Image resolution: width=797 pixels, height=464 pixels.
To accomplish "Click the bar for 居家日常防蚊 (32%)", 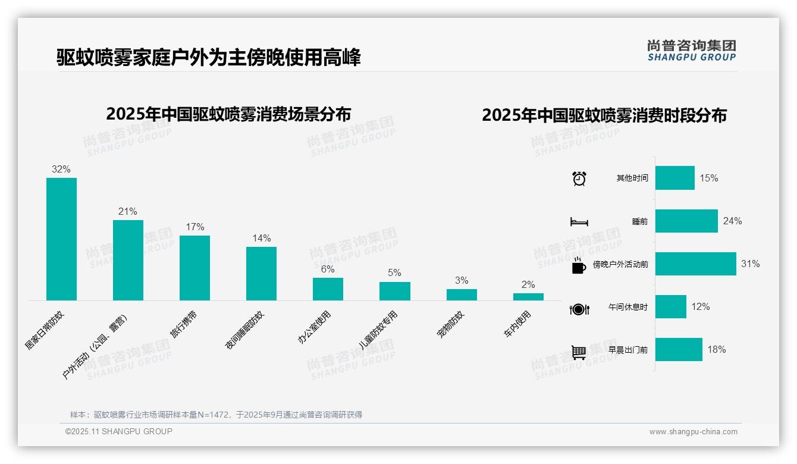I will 61,239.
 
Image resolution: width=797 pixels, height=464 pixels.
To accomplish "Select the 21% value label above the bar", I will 127,212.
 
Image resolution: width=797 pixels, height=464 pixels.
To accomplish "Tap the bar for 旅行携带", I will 194,268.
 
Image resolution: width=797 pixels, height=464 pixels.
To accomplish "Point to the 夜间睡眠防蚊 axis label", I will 244,330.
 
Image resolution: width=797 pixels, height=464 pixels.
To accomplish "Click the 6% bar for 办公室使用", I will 328,289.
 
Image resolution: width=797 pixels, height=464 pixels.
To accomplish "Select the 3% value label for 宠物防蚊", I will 462,281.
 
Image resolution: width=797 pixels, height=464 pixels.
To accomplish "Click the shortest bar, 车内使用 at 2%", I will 528,296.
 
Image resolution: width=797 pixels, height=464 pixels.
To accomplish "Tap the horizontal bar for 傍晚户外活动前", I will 695,264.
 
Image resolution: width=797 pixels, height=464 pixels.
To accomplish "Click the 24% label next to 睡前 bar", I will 732,221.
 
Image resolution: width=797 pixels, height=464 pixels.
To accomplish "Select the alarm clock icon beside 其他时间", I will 579,178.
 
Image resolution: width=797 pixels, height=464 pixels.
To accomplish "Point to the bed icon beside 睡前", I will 579,222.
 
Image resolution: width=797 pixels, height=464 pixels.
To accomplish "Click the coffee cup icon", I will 579,266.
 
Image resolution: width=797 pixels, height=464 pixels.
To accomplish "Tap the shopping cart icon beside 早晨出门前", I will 579,352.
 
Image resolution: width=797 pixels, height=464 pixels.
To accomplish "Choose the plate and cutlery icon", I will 579,309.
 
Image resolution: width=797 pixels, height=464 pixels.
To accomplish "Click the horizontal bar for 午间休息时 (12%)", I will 670,307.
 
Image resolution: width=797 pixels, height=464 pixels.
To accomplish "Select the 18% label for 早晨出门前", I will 716,350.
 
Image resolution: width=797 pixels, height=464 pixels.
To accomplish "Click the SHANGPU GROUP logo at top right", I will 691,51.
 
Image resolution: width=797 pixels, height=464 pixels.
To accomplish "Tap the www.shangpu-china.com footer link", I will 693,432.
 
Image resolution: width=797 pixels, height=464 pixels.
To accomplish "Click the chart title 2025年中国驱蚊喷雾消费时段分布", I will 604,115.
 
